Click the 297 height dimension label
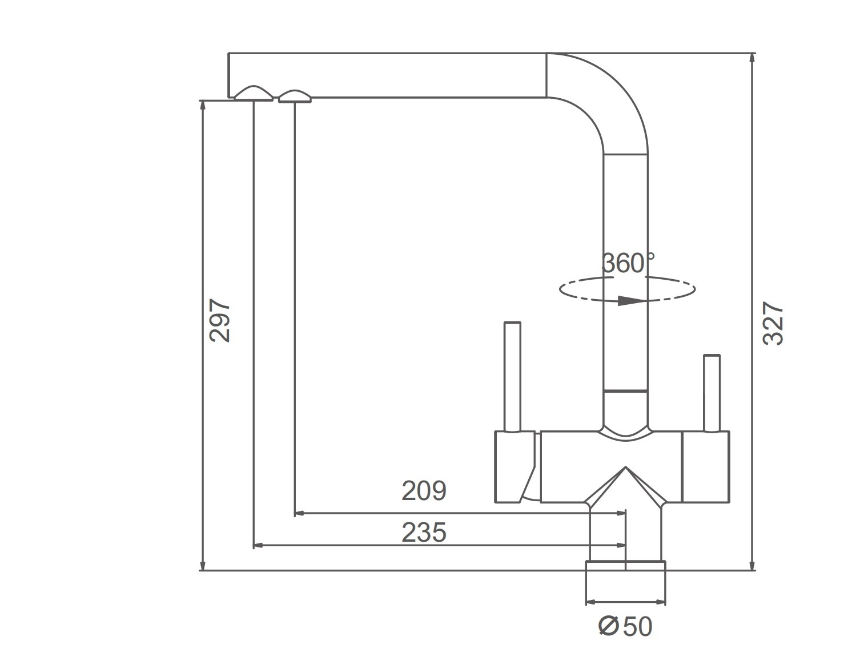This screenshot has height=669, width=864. pyautogui.click(x=219, y=321)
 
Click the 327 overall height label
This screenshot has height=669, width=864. pyautogui.click(x=773, y=324)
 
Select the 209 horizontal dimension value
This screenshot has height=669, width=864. pyautogui.click(x=424, y=491)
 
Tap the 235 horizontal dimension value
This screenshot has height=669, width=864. pyautogui.click(x=424, y=532)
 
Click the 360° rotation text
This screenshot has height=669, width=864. pyautogui.click(x=628, y=263)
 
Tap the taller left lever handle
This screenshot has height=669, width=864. pyautogui.click(x=512, y=377)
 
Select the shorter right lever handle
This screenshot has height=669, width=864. pyautogui.click(x=712, y=393)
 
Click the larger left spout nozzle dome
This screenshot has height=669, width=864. pyautogui.click(x=254, y=93)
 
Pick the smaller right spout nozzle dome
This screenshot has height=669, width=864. pyautogui.click(x=295, y=96)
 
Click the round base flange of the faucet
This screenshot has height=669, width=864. pyautogui.click(x=625, y=566)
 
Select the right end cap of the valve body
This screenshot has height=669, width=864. pyautogui.click(x=705, y=466)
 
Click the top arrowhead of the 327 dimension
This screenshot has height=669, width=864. pyautogui.click(x=752, y=59)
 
